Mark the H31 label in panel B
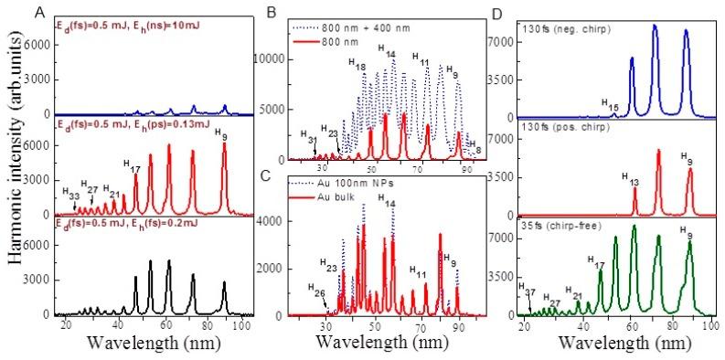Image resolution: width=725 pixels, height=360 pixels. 310,140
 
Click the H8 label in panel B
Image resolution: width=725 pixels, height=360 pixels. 473,150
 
